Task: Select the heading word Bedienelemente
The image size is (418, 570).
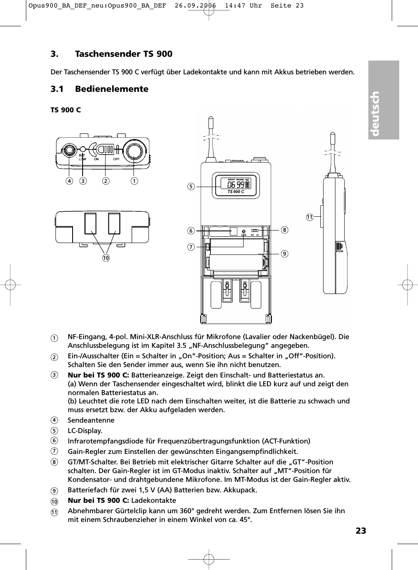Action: point(111,89)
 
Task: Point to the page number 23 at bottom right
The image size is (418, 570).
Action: point(361,531)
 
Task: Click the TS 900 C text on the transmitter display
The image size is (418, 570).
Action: point(236,192)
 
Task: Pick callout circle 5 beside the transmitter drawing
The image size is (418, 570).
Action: point(191,187)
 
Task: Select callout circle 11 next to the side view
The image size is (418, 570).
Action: point(309,217)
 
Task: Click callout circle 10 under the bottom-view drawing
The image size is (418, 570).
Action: point(106,258)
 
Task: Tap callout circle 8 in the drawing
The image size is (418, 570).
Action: point(285,230)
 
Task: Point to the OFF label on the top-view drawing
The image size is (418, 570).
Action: point(116,159)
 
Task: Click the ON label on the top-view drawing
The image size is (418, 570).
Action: point(96,159)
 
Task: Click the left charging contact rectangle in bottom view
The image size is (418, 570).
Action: point(90,223)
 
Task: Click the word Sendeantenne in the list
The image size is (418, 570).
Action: point(91,420)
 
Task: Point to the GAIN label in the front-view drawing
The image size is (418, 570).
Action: point(244,235)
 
